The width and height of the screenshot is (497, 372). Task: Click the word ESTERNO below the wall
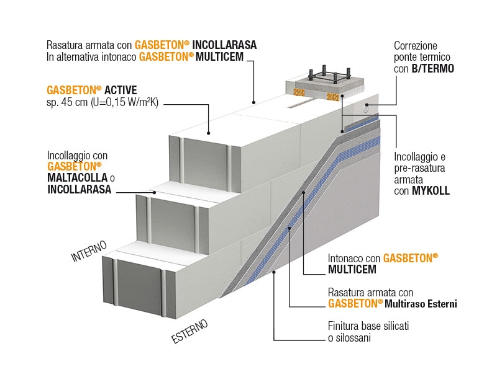coord(189,332)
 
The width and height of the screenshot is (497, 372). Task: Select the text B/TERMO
coord(432,69)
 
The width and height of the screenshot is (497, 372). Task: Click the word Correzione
coord(416,46)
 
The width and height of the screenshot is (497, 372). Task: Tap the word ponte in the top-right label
coord(406,58)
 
